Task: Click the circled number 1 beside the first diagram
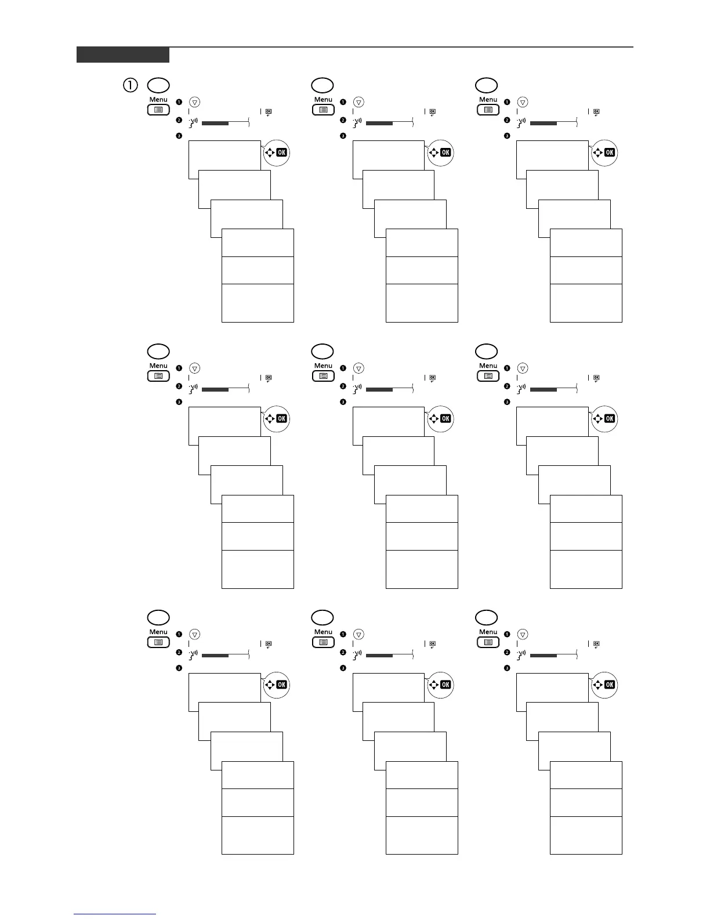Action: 130,85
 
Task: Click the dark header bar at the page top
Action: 123,55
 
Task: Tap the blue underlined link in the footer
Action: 115,914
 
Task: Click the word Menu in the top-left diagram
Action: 158,99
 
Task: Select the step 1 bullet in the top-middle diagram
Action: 343,102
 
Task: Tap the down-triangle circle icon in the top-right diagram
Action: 523,102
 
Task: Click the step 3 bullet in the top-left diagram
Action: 179,136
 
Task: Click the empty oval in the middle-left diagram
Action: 158,351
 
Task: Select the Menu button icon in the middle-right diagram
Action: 488,376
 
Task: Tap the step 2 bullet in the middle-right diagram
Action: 507,386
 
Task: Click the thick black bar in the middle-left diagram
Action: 215,390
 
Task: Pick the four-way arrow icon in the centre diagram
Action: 433,419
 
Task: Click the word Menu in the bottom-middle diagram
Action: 323,632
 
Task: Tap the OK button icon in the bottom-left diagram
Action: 281,685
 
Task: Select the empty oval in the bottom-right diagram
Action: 486,617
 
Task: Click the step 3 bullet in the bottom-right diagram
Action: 507,668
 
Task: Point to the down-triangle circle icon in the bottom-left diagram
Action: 195,635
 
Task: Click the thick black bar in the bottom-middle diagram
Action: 379,656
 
